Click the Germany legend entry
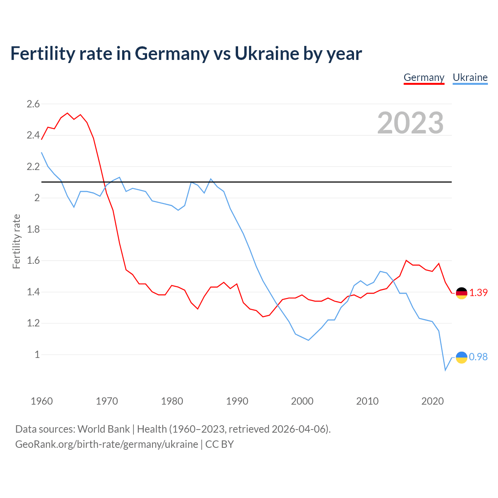(424, 77)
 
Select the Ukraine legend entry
(470, 77)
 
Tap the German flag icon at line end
(461, 293)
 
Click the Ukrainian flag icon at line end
(461, 357)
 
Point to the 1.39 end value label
(479, 293)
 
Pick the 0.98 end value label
(479, 357)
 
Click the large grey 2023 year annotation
(410, 123)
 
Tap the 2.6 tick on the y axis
(33, 104)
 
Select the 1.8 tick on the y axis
(33, 229)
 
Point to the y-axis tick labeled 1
(37, 354)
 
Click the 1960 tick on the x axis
(42, 401)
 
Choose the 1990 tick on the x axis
(237, 401)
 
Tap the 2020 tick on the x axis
(432, 401)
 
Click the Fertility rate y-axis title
(16, 241)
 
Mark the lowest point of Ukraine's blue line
(445, 370)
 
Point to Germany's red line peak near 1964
(67, 113)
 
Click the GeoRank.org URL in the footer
(107, 444)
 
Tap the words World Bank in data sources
(103, 429)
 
